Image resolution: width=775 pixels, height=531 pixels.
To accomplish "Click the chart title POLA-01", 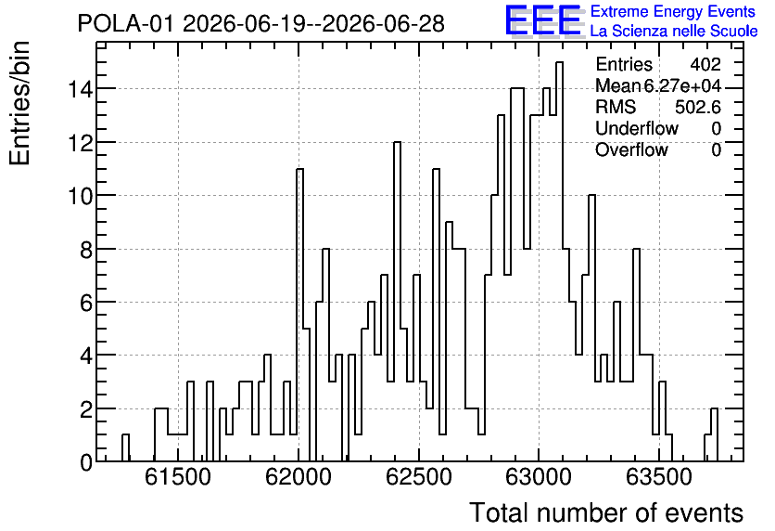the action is (x=125, y=23).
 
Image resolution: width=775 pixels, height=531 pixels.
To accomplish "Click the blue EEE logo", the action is (x=543, y=20).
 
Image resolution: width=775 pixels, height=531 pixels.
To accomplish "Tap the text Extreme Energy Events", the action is (x=673, y=11).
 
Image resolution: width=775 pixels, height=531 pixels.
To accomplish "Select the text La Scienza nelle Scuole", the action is (x=674, y=32).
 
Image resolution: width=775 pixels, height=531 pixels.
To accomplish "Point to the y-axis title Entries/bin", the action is (x=20, y=103).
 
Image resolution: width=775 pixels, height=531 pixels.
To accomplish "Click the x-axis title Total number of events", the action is (x=606, y=512).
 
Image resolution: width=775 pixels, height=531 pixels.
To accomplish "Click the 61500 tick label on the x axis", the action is (x=177, y=477).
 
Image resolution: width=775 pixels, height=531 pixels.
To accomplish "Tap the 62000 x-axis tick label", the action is (x=298, y=477).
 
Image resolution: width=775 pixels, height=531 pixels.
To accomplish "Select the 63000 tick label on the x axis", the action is (x=539, y=477).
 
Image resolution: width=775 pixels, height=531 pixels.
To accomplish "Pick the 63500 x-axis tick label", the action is (x=659, y=477).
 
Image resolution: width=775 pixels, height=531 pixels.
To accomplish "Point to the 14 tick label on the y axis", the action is (x=80, y=89).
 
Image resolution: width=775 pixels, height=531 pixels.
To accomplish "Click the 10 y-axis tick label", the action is (x=80, y=196).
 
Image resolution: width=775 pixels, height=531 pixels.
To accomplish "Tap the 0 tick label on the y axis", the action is (x=86, y=462).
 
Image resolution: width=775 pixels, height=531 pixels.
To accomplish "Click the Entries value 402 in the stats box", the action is (x=705, y=64).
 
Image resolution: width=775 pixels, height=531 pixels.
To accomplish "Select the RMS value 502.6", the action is (x=698, y=107).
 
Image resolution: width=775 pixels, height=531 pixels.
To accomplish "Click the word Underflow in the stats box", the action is (x=637, y=128).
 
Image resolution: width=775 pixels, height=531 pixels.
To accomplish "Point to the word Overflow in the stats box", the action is (x=631, y=149).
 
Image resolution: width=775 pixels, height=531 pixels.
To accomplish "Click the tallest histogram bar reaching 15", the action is (x=559, y=262).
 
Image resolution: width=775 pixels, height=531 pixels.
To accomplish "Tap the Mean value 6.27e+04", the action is (x=682, y=86).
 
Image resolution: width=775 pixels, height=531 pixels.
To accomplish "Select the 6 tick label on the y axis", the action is (x=86, y=303).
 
